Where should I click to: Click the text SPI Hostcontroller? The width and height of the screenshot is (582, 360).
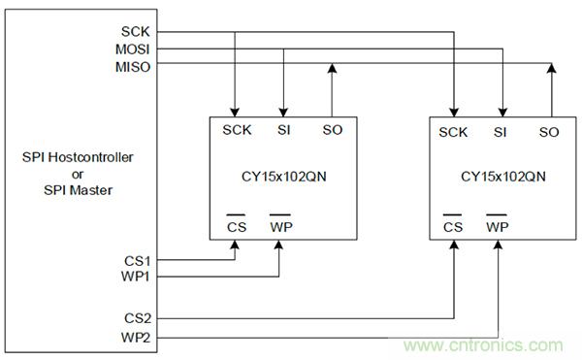point(78,156)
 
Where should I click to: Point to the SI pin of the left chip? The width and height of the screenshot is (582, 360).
point(282,130)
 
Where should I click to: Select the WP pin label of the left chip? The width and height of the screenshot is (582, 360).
point(280,227)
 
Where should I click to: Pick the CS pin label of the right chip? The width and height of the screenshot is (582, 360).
point(452,227)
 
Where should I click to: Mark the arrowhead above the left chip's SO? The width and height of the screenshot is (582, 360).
point(332,71)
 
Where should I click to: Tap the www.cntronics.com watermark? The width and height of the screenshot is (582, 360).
point(477,344)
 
